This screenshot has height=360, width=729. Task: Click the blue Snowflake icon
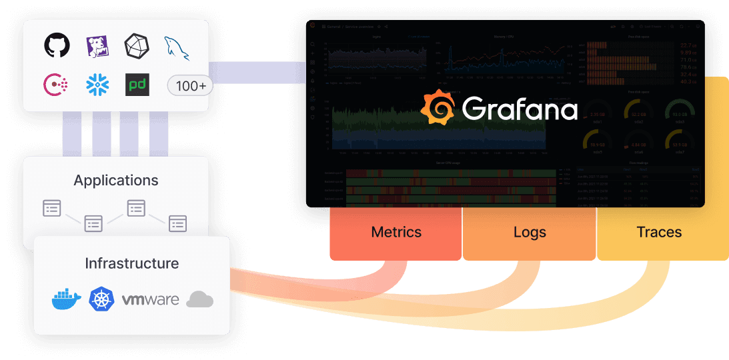point(97,85)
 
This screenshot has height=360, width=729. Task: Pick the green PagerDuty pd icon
point(137,85)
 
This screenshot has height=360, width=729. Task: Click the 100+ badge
point(190,85)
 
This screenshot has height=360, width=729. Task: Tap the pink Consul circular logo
point(56,85)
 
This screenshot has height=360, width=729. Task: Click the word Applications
point(116,181)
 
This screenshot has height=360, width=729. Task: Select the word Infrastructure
point(132,263)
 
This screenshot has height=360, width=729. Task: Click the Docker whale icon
point(66,299)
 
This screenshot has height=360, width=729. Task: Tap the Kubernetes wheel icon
point(102,299)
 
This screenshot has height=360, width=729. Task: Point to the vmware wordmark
point(150,300)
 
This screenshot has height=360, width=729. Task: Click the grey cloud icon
point(199,300)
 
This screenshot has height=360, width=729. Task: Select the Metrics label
point(396,233)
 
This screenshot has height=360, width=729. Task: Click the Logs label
point(530,233)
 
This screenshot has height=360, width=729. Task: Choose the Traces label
point(659,233)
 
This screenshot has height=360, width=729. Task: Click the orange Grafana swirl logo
point(438,107)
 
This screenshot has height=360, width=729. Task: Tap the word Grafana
point(519,109)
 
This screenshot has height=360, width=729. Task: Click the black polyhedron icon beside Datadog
point(137,46)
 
